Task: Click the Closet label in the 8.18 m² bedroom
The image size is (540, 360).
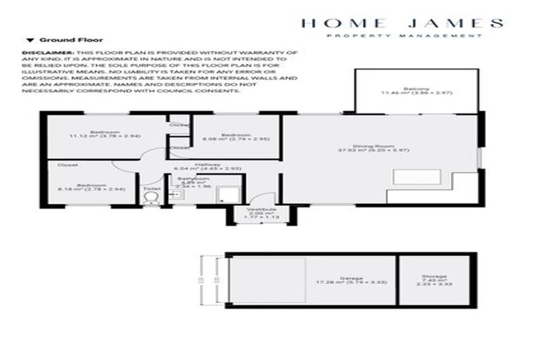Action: point(67,165)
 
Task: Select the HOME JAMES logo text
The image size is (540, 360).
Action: point(402,22)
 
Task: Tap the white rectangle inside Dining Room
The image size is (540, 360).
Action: point(409,178)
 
